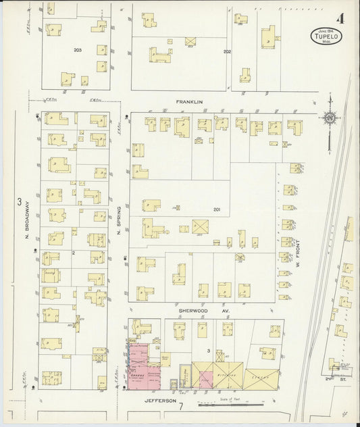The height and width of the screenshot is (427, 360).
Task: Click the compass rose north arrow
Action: click(329, 120)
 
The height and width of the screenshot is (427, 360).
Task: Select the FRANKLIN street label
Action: click(189, 103)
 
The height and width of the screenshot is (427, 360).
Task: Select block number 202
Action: click(227, 51)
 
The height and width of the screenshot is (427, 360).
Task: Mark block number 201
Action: click(217, 209)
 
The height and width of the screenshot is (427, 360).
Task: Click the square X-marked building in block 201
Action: click(200, 226)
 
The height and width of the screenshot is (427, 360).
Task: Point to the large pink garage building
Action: click(143, 368)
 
